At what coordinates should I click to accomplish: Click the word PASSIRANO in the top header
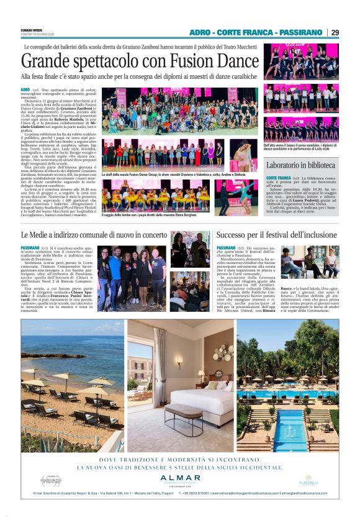(298, 32)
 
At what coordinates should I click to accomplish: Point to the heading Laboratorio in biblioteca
(301, 166)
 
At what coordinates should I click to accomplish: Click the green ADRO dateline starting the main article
(25, 90)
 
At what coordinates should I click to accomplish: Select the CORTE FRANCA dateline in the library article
(279, 178)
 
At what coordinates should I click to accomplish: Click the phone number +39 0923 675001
(197, 495)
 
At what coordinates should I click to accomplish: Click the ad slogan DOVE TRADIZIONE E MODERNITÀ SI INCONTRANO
(179, 460)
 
